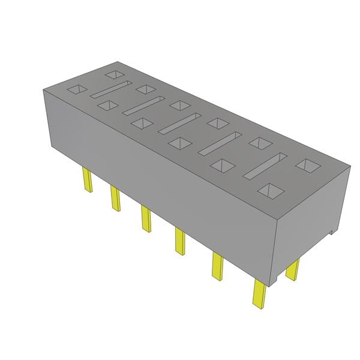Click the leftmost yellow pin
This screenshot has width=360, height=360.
87,180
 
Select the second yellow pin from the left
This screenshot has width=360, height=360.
115,198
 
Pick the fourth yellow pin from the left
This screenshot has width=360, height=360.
179,241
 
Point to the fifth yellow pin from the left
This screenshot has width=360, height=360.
217,265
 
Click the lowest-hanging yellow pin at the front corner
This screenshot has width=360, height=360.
259,294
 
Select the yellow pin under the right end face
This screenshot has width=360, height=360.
292,269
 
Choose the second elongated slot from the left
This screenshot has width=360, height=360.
142,105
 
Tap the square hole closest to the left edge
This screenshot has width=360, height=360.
76,90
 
